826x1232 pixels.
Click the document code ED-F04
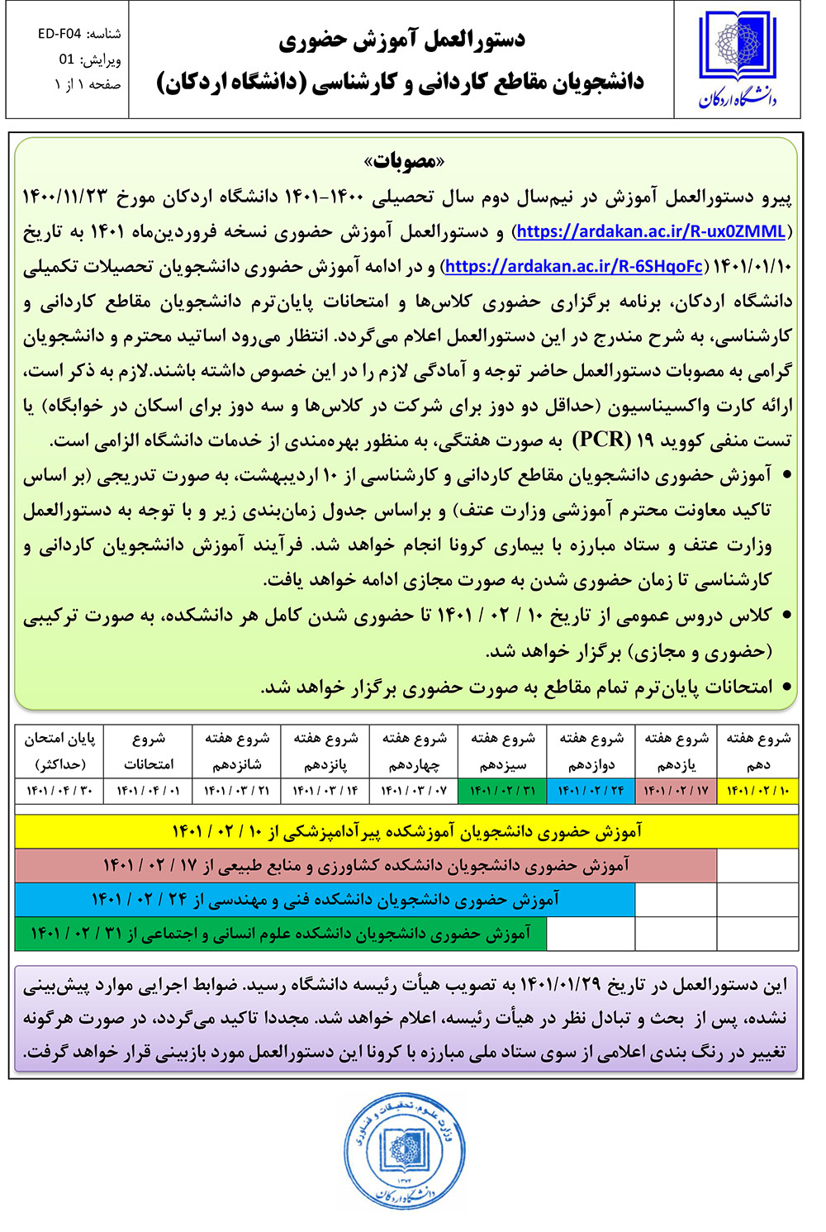click(x=59, y=34)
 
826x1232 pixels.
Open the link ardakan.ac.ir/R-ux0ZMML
click(x=651, y=231)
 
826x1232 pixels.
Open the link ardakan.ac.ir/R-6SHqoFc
click(x=574, y=266)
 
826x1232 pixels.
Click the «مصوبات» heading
click(x=405, y=160)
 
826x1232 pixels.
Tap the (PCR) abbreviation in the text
click(x=601, y=439)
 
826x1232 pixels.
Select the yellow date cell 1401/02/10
click(x=758, y=791)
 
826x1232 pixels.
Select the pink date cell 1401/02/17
click(x=676, y=791)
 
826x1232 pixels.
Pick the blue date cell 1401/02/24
click(x=591, y=791)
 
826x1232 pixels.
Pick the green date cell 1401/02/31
click(x=502, y=791)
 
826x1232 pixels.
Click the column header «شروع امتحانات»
click(x=149, y=751)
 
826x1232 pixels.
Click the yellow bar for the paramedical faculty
click(x=406, y=831)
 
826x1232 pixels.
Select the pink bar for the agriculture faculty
click(x=366, y=865)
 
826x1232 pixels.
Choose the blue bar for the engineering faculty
click(x=325, y=899)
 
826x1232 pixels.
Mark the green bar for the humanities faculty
click(x=281, y=934)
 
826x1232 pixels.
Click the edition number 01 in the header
click(x=67, y=59)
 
